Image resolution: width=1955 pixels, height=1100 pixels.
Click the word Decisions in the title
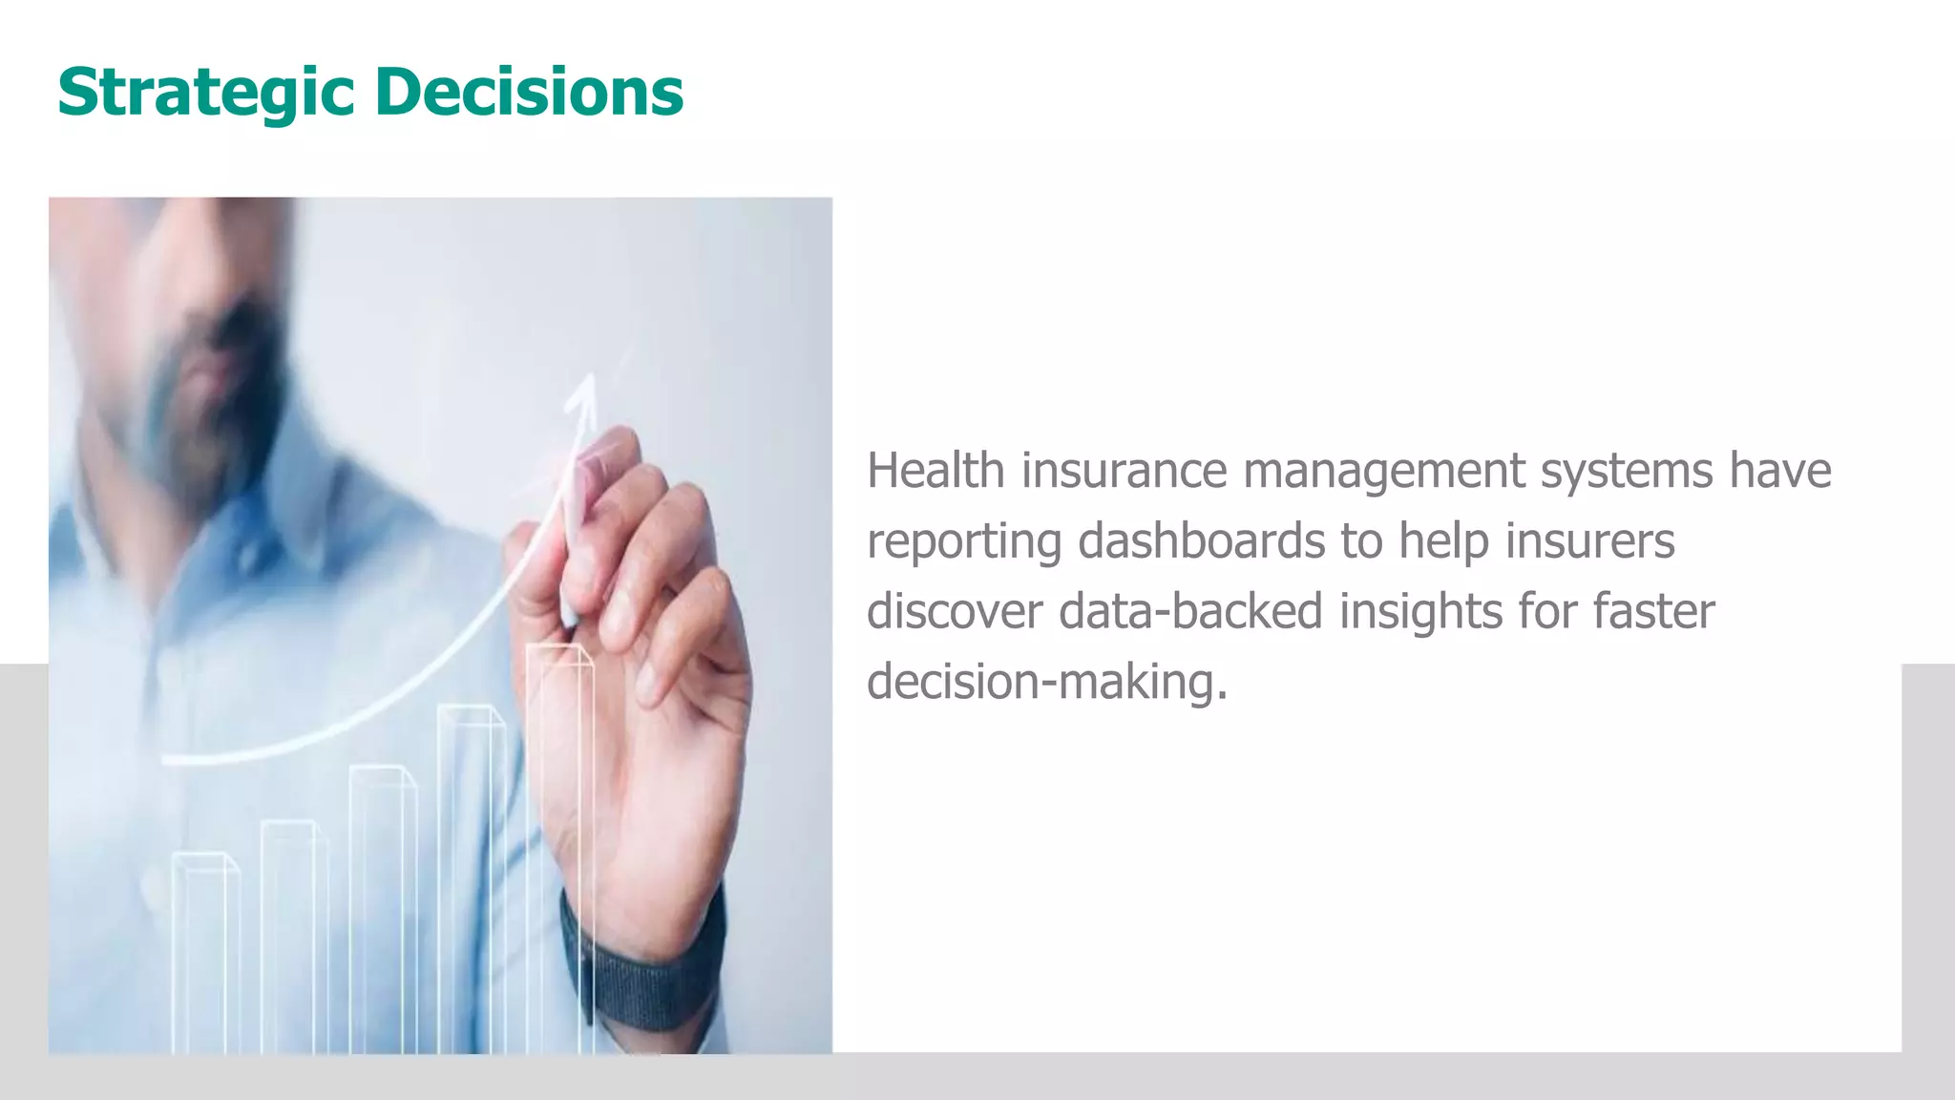click(x=529, y=92)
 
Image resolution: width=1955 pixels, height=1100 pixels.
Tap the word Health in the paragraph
click(x=935, y=471)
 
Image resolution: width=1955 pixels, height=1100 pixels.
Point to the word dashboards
click(x=1200, y=540)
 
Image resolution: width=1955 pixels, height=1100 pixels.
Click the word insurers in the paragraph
click(x=1589, y=540)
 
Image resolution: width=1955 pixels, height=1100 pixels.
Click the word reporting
click(x=964, y=542)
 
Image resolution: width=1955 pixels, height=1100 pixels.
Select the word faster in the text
click(x=1653, y=611)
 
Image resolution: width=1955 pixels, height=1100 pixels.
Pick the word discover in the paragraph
click(x=954, y=611)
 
